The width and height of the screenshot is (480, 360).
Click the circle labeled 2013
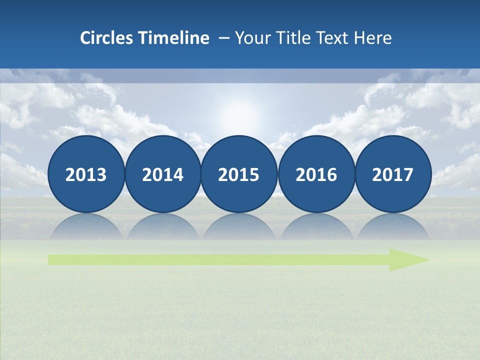point(86,174)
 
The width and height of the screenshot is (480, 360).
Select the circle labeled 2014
point(162,174)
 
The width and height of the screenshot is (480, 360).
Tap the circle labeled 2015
point(239,174)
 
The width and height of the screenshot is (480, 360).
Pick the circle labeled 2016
point(316,174)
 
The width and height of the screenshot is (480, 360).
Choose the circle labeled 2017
point(392,174)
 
